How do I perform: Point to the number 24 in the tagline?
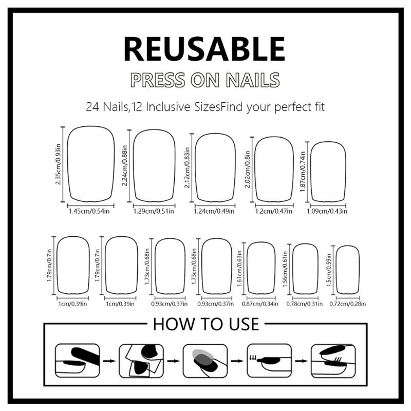pos(92,108)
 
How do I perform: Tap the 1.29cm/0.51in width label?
pos(154,211)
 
